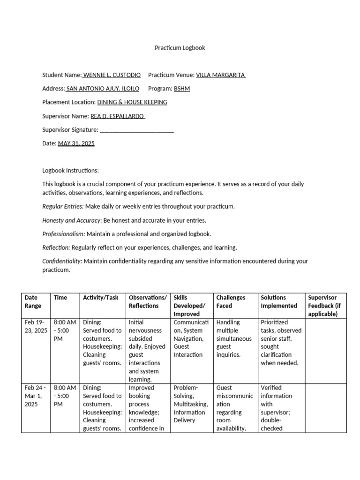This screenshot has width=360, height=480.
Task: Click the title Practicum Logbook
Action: [180, 48]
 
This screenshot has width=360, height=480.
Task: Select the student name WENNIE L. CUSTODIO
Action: [114, 75]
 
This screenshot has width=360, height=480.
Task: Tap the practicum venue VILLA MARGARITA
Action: [220, 75]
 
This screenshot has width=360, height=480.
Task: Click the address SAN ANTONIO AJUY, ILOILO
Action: [105, 89]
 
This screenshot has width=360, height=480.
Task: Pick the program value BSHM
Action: [182, 89]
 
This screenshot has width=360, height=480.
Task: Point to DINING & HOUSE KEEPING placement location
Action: [132, 102]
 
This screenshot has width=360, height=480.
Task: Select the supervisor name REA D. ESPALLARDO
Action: [117, 116]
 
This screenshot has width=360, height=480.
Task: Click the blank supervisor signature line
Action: [137, 130]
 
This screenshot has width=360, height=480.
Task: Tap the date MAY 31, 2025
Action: [76, 143]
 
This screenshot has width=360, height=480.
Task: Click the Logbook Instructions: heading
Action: [70, 171]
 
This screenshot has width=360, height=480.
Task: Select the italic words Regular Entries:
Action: [63, 206]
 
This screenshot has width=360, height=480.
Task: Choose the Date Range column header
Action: [33, 301]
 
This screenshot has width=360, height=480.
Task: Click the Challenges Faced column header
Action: [231, 301]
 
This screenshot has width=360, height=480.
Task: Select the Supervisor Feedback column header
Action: [324, 306]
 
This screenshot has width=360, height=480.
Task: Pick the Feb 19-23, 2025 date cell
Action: [36, 326]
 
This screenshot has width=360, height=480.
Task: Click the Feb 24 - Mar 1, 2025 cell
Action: [36, 396]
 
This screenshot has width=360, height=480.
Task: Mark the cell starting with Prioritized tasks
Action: [281, 343]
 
